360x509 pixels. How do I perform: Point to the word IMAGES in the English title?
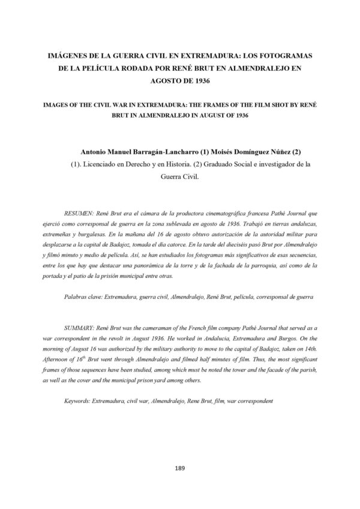pos(58,104)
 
